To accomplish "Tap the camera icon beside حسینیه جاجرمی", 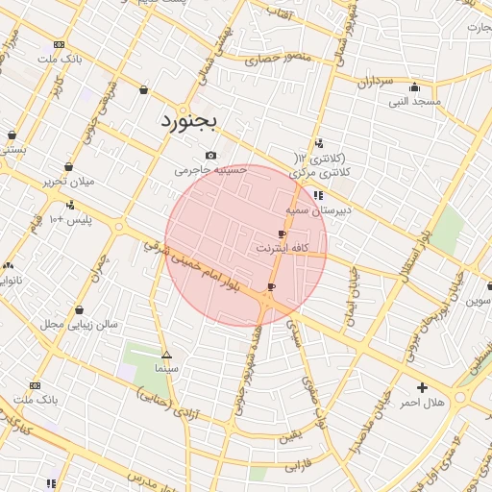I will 210,156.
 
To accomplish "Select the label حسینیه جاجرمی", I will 210,170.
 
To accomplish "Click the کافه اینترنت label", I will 281,248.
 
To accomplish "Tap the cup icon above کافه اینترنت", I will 282,234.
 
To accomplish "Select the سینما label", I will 165,368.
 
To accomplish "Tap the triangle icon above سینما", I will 166,355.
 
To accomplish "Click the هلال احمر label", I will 423,402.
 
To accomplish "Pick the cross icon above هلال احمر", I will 423,387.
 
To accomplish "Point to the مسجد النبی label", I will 414,101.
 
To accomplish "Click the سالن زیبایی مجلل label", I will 79,325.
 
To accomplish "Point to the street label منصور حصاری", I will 279,58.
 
